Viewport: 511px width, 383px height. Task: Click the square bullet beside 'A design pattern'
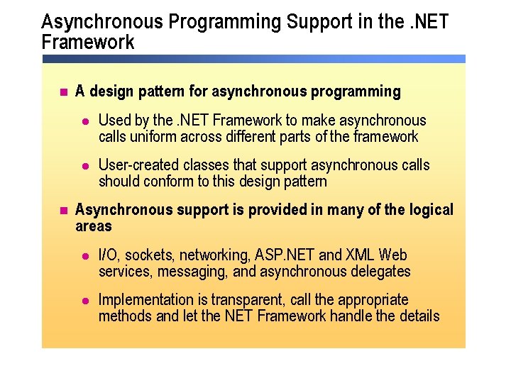62,92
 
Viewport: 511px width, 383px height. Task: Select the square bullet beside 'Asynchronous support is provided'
62,211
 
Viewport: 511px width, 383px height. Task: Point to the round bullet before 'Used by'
86,121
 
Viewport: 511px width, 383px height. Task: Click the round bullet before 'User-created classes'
86,166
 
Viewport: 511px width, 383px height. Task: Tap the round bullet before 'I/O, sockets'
86,255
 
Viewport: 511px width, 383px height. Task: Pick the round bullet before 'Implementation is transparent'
86,300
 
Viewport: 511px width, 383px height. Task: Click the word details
417,316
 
